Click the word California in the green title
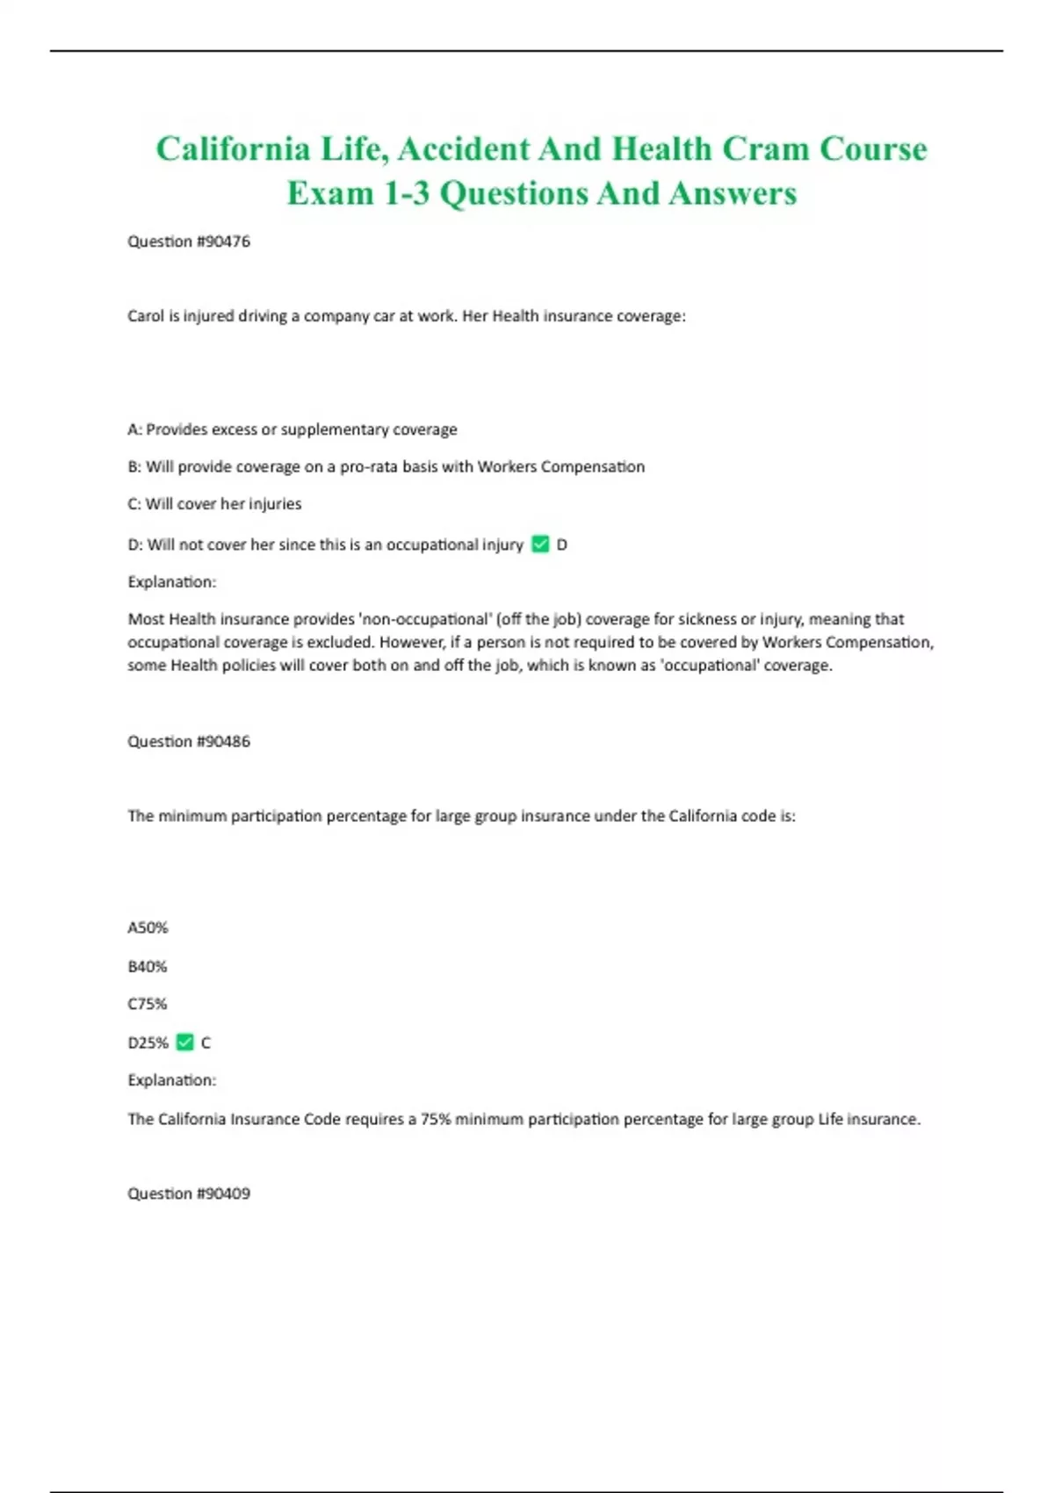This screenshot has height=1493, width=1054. click(233, 149)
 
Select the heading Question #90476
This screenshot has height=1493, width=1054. click(189, 242)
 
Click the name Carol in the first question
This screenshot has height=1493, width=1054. click(146, 316)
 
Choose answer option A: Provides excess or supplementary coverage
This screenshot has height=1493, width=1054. click(292, 429)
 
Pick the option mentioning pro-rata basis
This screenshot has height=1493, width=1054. click(386, 466)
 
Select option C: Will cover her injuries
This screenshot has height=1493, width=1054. click(214, 504)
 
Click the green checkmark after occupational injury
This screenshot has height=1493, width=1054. click(540, 545)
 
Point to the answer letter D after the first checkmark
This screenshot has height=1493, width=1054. click(562, 545)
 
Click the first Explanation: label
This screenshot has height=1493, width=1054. click(172, 581)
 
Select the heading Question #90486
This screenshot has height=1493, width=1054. click(189, 741)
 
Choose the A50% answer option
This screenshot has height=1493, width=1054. click(148, 927)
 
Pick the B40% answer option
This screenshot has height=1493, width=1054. click(148, 966)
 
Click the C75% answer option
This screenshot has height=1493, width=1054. click(148, 1004)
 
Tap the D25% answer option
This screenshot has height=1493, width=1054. click(148, 1042)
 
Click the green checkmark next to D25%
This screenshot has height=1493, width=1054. click(184, 1042)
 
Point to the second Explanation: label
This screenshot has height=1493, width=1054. click(172, 1080)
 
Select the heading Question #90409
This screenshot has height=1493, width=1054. click(189, 1194)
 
